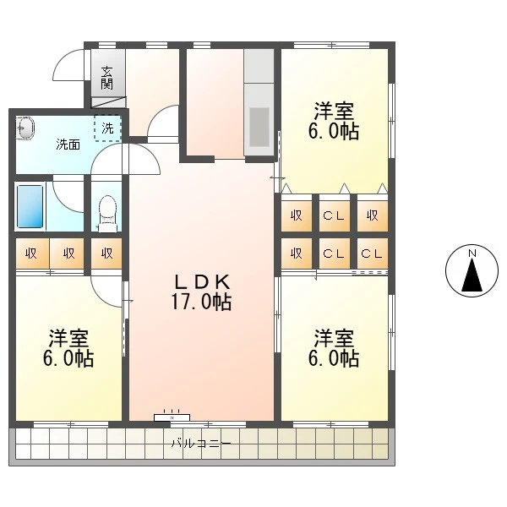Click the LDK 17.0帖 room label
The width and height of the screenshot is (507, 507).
coord(201,292)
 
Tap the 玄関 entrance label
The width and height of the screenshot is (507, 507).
coord(106,78)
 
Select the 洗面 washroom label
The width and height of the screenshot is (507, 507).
coord(68,144)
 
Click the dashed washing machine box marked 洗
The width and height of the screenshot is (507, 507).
coord(107,128)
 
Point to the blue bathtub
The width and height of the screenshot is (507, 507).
coord(30,207)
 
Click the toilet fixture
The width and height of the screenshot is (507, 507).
coord(107,214)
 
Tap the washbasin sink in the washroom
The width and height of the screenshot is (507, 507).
coord(25,128)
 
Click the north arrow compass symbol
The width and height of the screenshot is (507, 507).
coord(472,270)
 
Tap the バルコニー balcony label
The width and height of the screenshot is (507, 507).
coord(201,443)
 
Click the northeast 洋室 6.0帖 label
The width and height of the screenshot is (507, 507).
coord(334,121)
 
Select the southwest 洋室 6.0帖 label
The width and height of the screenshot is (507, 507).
coord(68,348)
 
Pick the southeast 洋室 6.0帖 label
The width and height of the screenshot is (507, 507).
coord(334,348)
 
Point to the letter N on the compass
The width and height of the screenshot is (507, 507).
coord(472,253)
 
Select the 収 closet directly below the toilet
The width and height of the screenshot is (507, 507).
coord(106,253)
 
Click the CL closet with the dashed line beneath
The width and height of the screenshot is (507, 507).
coord(372,253)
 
